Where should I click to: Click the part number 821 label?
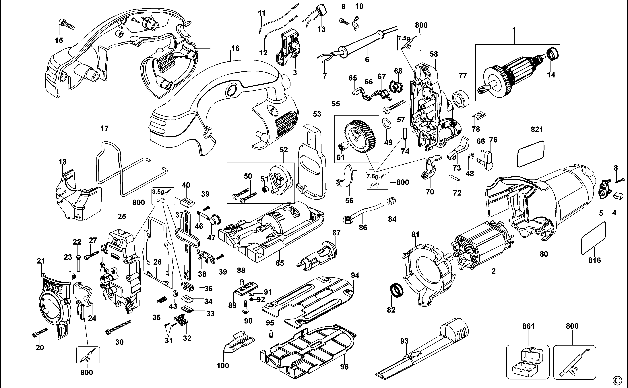(x=537, y=130)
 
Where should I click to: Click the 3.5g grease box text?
(x=158, y=192)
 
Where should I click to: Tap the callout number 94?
(x=355, y=276)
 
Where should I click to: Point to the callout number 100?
(x=223, y=366)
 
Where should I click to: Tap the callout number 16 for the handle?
(x=235, y=48)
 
